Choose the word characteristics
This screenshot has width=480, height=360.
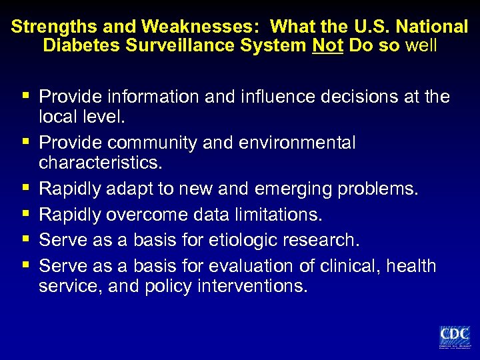(x=101, y=163)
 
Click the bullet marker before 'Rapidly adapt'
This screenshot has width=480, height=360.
(x=26, y=189)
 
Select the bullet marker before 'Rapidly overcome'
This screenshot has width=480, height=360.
(x=26, y=215)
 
